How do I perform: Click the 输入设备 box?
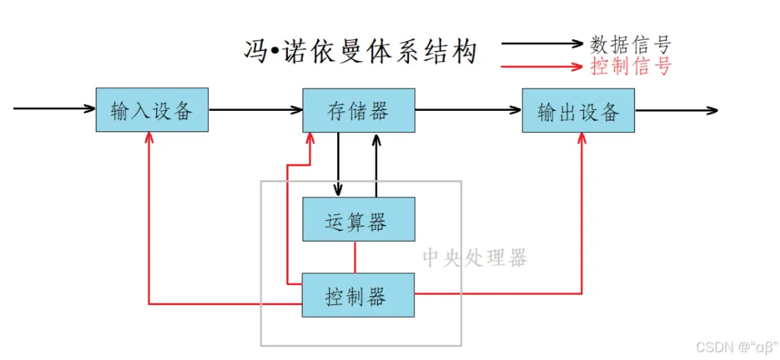151,110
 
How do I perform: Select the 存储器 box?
359,110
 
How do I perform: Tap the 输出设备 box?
578,110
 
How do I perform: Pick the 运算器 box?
359,220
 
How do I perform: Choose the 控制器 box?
359,295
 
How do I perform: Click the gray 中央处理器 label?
474,257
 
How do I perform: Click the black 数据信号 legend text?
631,44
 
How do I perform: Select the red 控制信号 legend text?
631,65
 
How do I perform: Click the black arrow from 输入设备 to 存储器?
255,109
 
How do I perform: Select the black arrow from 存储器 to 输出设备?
469,109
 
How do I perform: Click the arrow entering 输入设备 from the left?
54,108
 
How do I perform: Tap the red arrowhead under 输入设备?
149,138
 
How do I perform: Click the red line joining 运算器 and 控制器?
355,257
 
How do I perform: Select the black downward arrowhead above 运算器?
338,190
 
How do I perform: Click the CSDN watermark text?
735,346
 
